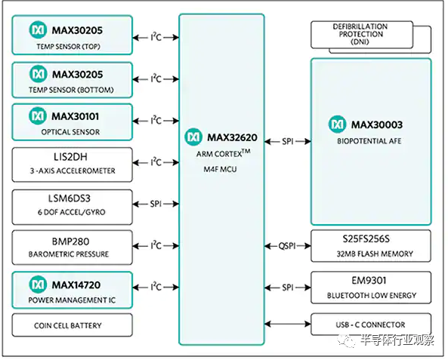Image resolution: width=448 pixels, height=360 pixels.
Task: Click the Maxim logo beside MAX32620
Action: (x=193, y=137)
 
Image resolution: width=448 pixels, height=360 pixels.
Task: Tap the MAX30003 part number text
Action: (x=377, y=125)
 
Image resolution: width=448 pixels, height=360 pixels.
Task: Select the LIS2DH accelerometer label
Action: (x=70, y=157)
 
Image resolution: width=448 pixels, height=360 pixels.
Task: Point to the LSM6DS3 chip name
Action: (x=70, y=198)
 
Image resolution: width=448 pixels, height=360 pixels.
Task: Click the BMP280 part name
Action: (x=70, y=242)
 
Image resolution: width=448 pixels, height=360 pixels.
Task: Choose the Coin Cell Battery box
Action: (x=73, y=325)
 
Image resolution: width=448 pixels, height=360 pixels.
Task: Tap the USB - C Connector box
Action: (x=371, y=325)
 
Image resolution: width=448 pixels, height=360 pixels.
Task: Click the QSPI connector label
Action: (x=287, y=246)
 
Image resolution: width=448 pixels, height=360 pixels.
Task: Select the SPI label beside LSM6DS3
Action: (x=156, y=204)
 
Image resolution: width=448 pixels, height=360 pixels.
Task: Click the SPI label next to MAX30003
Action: (x=288, y=141)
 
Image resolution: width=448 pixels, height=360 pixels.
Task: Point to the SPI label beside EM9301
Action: (x=288, y=288)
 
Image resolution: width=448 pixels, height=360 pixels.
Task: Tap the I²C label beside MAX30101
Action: (x=156, y=120)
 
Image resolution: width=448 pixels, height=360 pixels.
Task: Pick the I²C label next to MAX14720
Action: (x=156, y=286)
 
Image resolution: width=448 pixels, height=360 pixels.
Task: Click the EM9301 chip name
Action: (x=369, y=280)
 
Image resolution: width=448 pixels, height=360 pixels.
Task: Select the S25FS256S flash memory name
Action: (x=366, y=238)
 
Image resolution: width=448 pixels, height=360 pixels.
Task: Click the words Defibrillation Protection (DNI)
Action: (x=360, y=34)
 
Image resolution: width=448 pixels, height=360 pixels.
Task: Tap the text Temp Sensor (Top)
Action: (x=68, y=46)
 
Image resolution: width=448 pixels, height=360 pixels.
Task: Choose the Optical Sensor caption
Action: (x=70, y=132)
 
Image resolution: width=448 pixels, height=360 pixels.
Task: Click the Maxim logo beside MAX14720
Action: (x=38, y=285)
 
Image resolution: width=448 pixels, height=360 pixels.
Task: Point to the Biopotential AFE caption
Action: (x=369, y=141)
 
